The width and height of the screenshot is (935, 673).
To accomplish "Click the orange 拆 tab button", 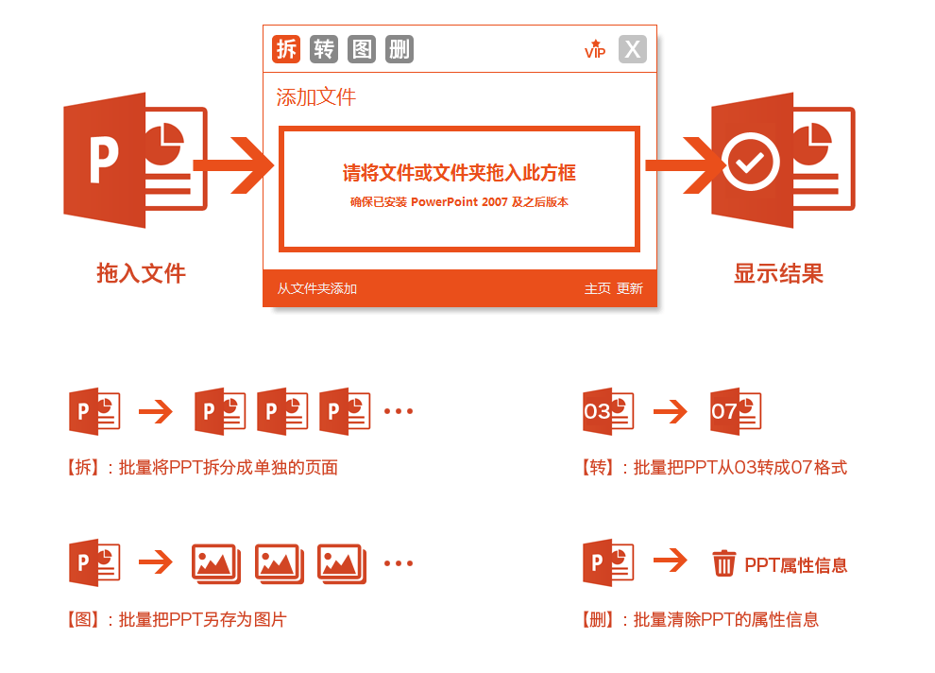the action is (x=286, y=49).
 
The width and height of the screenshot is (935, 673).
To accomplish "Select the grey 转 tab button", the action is (x=324, y=49).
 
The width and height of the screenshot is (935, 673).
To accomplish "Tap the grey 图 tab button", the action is (x=362, y=49).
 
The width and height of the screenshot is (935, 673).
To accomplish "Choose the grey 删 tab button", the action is (x=399, y=49).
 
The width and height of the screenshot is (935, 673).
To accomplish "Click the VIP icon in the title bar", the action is (x=595, y=49).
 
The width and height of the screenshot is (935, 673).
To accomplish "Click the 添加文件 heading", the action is (x=316, y=96).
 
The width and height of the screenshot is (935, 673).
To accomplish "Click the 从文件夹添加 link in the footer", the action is (x=316, y=289).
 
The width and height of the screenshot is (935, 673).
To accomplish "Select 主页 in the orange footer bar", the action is (x=598, y=289).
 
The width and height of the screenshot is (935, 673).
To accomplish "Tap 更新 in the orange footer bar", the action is (x=630, y=289).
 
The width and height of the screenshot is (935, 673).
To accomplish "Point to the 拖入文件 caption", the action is (x=142, y=273).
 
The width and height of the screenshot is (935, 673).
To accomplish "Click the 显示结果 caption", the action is (x=778, y=273).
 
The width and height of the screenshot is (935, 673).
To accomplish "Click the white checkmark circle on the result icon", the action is (x=750, y=162).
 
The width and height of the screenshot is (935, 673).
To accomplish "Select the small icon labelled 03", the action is (x=608, y=411).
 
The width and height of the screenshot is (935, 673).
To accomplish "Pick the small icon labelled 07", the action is (x=736, y=411).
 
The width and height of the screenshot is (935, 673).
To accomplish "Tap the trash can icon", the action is (x=723, y=563).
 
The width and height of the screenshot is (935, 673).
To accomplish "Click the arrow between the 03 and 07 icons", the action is (x=671, y=411).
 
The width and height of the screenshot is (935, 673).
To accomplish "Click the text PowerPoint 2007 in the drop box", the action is (x=459, y=202).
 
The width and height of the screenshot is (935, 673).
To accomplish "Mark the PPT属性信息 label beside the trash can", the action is (x=796, y=565).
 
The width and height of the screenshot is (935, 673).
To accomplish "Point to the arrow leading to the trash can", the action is (x=671, y=561).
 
